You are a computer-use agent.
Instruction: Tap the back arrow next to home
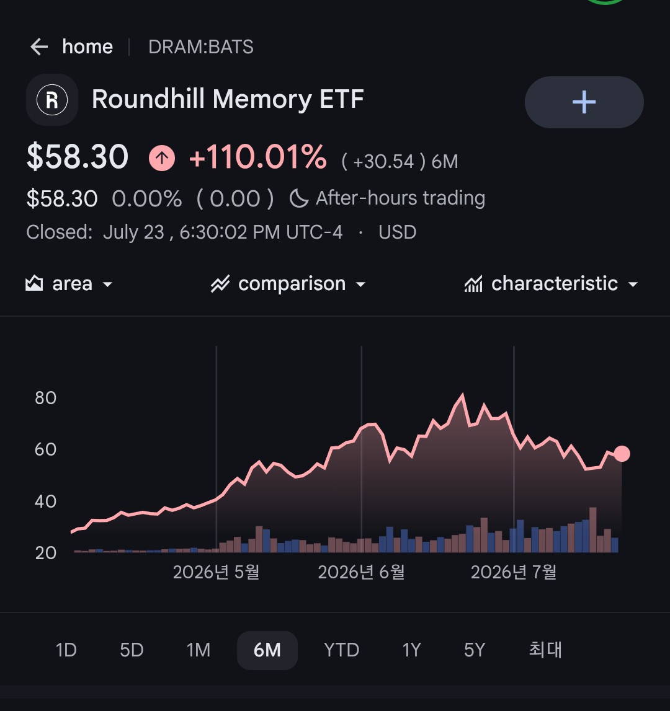pyautogui.click(x=39, y=46)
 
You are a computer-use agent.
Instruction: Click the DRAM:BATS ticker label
pyautogui.click(x=200, y=46)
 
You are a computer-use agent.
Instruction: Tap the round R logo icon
pyautogui.click(x=52, y=100)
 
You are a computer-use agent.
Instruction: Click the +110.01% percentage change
pyautogui.click(x=258, y=157)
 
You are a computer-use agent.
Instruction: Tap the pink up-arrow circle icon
pyautogui.click(x=161, y=158)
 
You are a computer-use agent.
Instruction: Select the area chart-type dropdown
pyautogui.click(x=69, y=284)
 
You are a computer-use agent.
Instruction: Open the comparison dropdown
pyautogui.click(x=288, y=284)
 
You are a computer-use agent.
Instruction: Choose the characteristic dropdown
pyautogui.click(x=552, y=284)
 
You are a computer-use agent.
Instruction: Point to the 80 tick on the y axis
pyautogui.click(x=45, y=398)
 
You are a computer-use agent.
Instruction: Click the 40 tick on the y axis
pyautogui.click(x=45, y=501)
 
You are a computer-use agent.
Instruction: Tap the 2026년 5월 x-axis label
pyautogui.click(x=216, y=572)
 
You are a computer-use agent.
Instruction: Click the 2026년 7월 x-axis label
pyautogui.click(x=514, y=572)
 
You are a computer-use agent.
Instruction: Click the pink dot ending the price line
pyautogui.click(x=622, y=454)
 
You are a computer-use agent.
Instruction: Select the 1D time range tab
pyautogui.click(x=66, y=650)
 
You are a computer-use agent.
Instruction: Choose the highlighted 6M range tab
pyautogui.click(x=267, y=650)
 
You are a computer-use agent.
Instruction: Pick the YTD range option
pyautogui.click(x=341, y=650)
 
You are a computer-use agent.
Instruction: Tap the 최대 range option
pyautogui.click(x=545, y=650)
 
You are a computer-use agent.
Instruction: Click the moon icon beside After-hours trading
pyautogui.click(x=298, y=198)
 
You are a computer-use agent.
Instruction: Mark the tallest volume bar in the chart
pyautogui.click(x=593, y=529)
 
